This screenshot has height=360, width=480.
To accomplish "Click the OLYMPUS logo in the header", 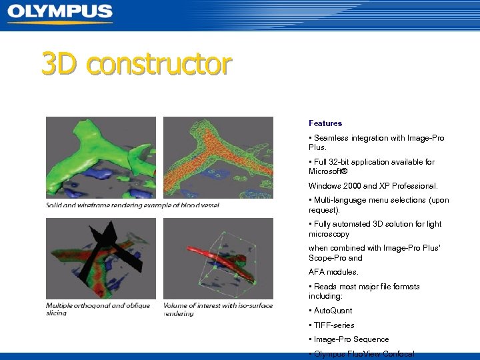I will coord(60,13).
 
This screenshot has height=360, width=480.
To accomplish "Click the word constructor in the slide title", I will coord(159,65).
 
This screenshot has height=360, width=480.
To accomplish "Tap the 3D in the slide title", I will coord(61,65).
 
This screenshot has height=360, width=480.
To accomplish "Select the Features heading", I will coord(325,123).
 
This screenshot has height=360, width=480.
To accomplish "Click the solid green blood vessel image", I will coord(101,157).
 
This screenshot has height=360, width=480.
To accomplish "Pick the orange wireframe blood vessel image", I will coord(218,157).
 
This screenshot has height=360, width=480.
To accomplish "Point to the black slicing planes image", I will coord(101,258).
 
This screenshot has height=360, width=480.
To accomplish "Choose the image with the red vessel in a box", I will coord(218,258).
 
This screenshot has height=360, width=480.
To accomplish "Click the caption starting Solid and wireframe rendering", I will coord(133,205).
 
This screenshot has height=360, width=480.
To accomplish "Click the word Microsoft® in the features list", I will coord(329,171).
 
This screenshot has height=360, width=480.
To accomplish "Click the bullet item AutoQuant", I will coord(333,311).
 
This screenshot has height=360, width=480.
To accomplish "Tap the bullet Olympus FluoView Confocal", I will coord(363,354).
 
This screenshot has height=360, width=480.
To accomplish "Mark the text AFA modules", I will coord(333,272).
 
